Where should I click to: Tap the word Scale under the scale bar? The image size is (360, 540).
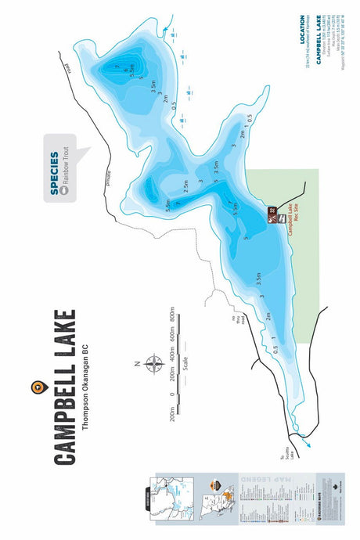click(x=185, y=365)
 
